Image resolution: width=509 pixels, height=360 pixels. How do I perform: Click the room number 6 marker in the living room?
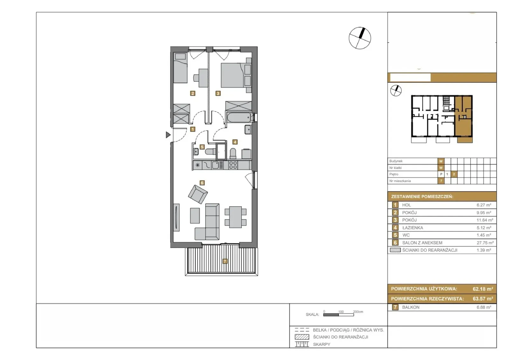202,183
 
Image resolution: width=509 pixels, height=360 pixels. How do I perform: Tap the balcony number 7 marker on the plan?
225,261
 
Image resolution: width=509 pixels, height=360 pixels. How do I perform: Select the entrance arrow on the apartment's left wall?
168,135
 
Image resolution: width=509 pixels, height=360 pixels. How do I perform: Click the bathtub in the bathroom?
239,118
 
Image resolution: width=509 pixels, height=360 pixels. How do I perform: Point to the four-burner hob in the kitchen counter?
233,165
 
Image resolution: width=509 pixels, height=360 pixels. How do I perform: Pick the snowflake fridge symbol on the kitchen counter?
198,165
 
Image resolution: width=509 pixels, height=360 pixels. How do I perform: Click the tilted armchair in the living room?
198,194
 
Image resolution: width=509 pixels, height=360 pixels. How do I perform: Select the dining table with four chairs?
236,217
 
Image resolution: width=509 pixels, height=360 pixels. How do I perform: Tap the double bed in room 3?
236,75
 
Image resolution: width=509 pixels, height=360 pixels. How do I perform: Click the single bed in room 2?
180,68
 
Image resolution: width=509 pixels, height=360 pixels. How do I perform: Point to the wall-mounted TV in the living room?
176,217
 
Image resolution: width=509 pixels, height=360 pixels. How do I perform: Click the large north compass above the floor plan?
360,38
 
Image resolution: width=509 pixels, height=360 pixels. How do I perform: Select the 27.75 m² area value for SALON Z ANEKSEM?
485,243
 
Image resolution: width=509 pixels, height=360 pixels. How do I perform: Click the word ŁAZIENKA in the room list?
413,228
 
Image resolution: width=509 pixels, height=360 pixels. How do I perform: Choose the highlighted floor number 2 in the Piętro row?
454,174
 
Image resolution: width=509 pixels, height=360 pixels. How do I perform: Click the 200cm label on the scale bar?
358,312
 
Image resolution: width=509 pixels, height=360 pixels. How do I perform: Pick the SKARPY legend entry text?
322,344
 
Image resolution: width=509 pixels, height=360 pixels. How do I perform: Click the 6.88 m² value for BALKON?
484,307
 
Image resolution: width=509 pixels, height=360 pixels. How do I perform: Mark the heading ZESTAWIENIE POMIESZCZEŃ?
422,197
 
